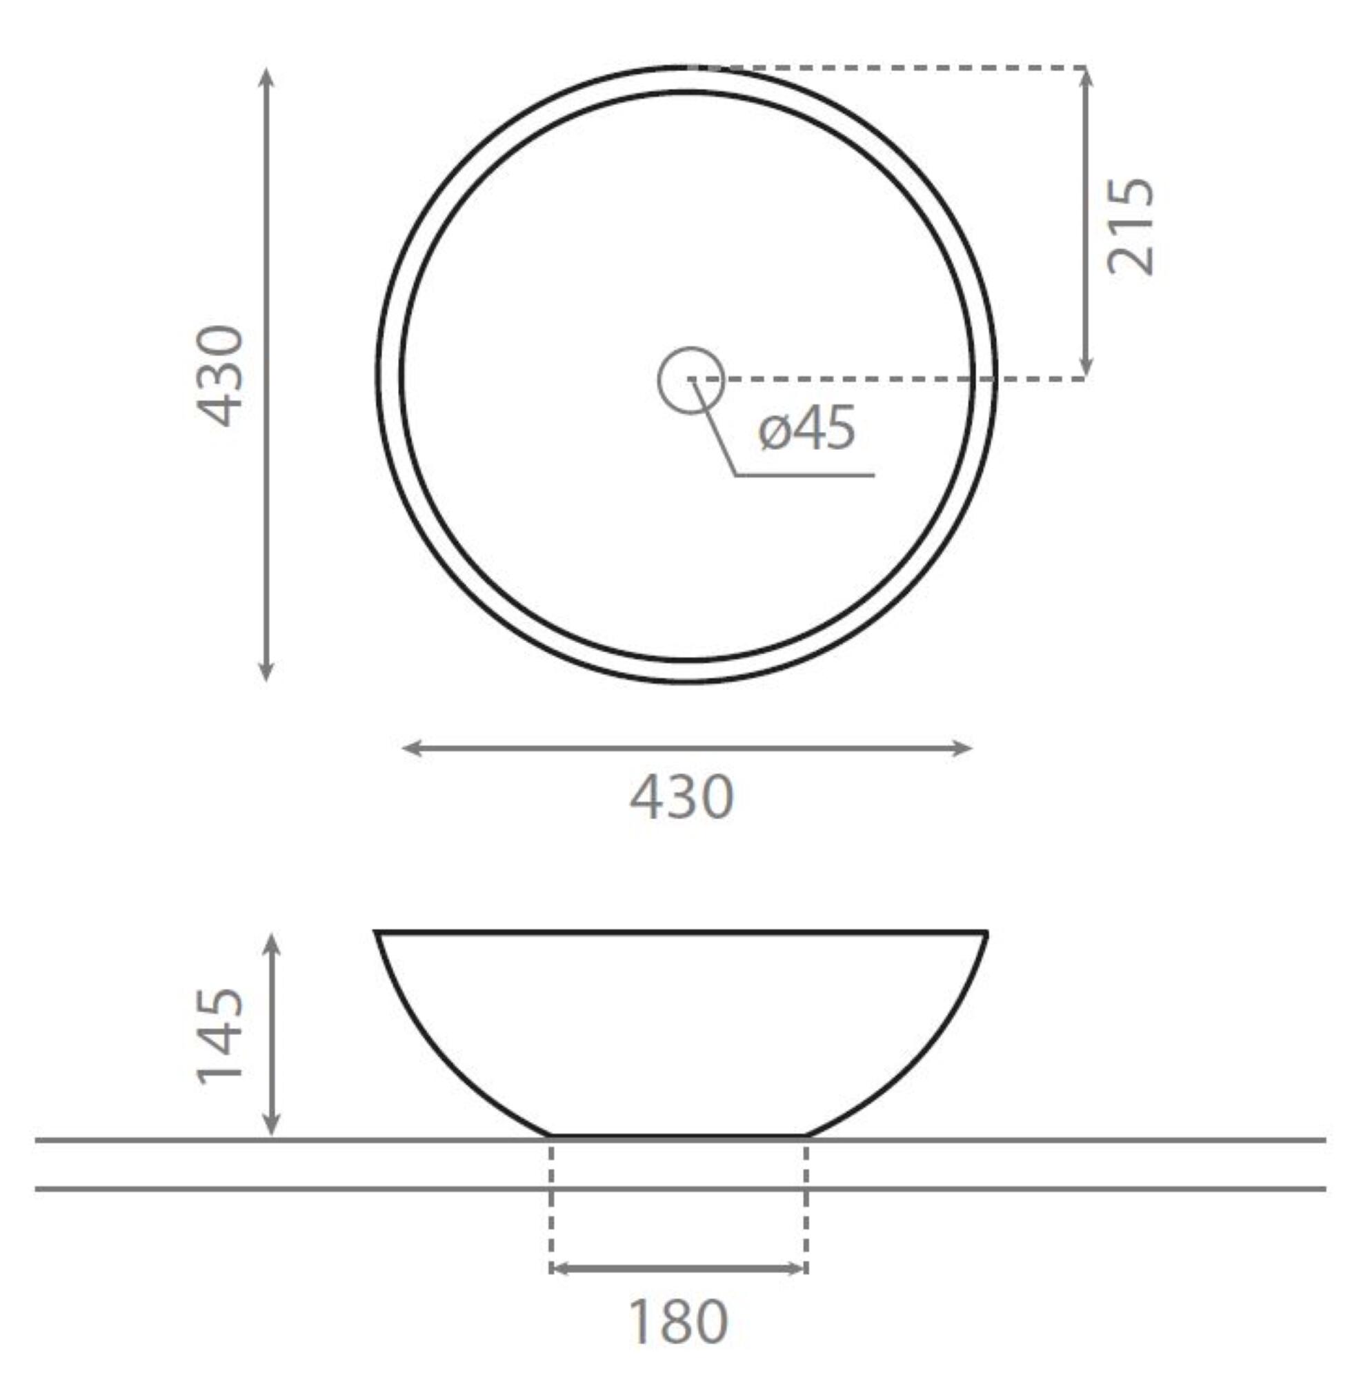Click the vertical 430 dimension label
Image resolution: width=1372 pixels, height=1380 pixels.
(x=220, y=377)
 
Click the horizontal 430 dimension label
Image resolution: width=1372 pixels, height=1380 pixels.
(x=682, y=797)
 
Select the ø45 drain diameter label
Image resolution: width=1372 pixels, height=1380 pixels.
(x=807, y=428)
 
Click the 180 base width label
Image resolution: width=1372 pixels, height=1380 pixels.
(x=679, y=1321)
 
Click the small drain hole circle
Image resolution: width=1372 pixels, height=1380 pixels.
(x=690, y=381)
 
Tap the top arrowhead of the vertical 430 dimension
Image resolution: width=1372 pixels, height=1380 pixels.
(x=266, y=76)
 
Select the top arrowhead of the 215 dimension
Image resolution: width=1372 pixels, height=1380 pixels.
(x=1086, y=76)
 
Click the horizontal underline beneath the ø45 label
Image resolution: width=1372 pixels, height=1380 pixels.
(x=804, y=475)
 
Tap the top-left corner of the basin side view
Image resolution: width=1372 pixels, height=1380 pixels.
(x=377, y=933)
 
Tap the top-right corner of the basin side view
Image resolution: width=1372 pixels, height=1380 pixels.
(x=986, y=933)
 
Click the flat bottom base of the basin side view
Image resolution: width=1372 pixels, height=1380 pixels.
(x=679, y=1135)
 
